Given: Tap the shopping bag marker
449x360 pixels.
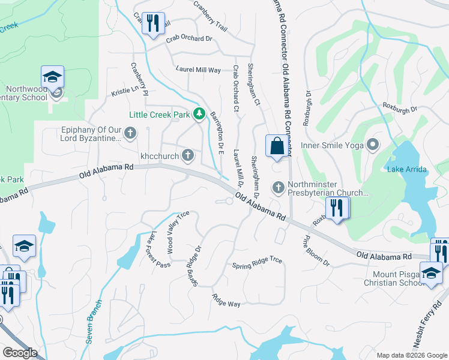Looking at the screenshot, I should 277,146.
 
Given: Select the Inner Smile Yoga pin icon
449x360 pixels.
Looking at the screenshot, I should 373,144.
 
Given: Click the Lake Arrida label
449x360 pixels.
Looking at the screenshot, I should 407,169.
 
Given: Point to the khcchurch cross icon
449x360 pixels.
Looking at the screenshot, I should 188,155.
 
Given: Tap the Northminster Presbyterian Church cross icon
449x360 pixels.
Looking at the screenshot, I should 279,188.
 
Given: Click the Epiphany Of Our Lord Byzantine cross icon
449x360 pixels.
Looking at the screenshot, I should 130,132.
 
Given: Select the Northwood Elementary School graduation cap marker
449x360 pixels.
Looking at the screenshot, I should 53,77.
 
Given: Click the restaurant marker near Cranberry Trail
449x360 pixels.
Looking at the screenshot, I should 153,24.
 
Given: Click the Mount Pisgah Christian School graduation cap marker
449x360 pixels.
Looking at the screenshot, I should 431,273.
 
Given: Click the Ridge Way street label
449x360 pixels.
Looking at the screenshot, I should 226,301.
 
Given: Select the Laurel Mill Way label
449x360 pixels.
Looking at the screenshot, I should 199,70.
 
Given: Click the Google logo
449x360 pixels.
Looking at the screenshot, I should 20,353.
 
